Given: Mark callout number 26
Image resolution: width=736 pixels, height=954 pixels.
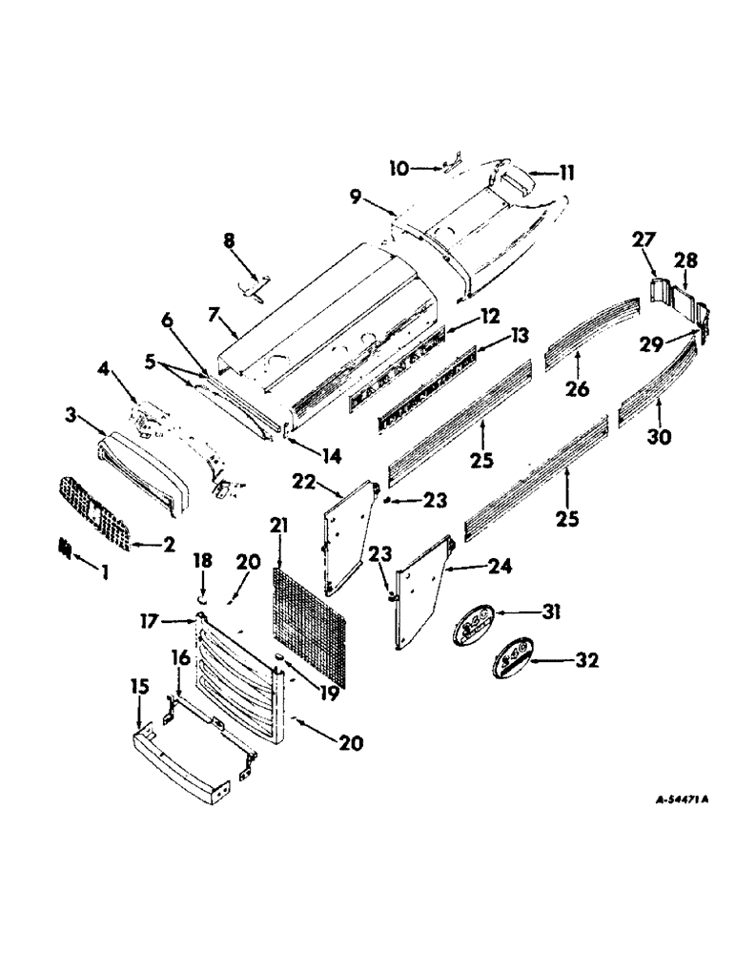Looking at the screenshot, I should point(578,388).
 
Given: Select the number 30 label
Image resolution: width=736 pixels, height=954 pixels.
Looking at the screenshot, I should point(658,437).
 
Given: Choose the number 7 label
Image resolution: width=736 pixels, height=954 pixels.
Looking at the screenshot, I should point(213,314).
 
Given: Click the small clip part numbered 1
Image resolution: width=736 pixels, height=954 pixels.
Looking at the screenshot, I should point(65,549).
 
